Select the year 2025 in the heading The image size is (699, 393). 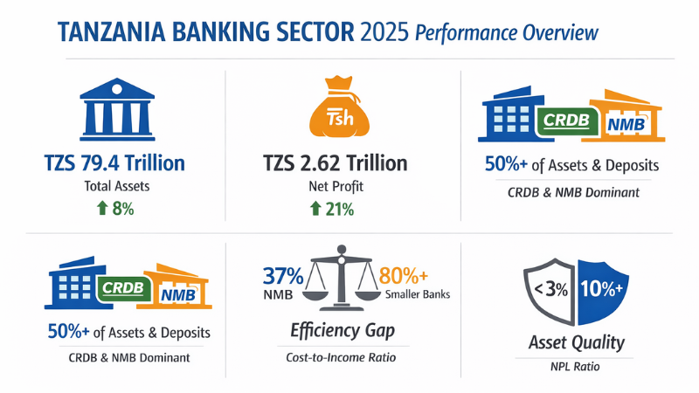click(x=383, y=32)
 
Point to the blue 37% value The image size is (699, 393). click(x=283, y=277)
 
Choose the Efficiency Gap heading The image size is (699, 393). click(x=343, y=330)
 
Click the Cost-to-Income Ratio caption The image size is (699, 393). click(x=343, y=358)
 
